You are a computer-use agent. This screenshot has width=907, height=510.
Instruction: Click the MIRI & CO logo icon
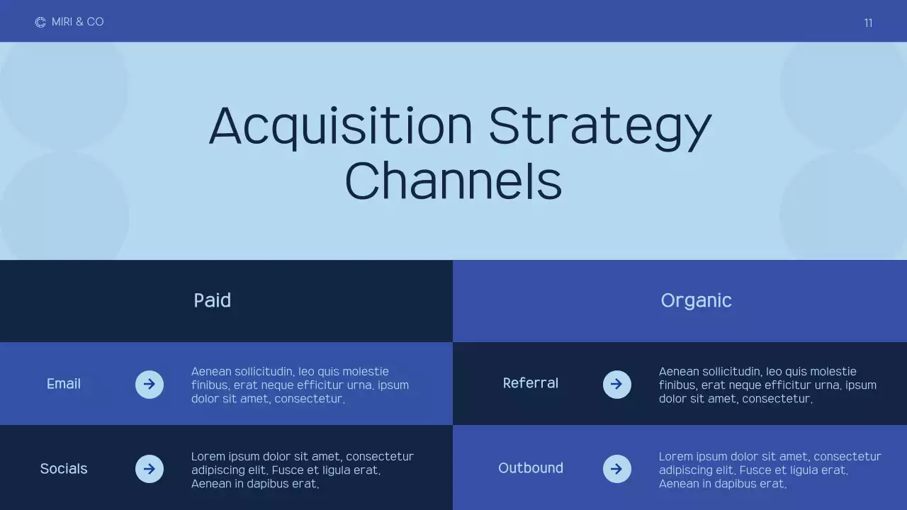40,23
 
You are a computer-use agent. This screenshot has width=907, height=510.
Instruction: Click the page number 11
868,23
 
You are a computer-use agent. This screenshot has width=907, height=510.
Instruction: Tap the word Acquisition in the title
340,126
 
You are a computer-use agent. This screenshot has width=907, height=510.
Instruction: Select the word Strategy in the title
599,126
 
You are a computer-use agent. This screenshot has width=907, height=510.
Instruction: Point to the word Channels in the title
453,181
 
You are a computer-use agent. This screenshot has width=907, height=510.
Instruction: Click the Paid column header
213,300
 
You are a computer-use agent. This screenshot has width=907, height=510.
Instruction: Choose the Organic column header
696,300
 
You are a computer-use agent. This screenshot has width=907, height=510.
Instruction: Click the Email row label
64,384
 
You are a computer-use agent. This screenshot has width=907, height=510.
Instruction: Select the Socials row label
64,469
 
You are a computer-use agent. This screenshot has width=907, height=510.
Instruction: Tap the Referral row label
531,383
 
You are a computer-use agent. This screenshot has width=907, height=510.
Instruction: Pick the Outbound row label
531,468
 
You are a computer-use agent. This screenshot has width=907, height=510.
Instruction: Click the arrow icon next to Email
150,385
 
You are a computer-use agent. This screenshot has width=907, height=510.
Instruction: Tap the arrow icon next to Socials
150,469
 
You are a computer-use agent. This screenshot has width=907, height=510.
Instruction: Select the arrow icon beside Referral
617,385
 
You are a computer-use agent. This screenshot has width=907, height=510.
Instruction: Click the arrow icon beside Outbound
617,469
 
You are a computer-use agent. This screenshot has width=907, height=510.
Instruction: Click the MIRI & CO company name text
78,22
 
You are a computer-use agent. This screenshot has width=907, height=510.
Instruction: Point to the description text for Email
300,385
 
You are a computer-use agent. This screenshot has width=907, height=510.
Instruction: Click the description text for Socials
303,470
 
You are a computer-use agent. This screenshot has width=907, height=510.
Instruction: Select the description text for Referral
767,385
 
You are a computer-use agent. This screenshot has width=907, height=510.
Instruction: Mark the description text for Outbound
770,470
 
